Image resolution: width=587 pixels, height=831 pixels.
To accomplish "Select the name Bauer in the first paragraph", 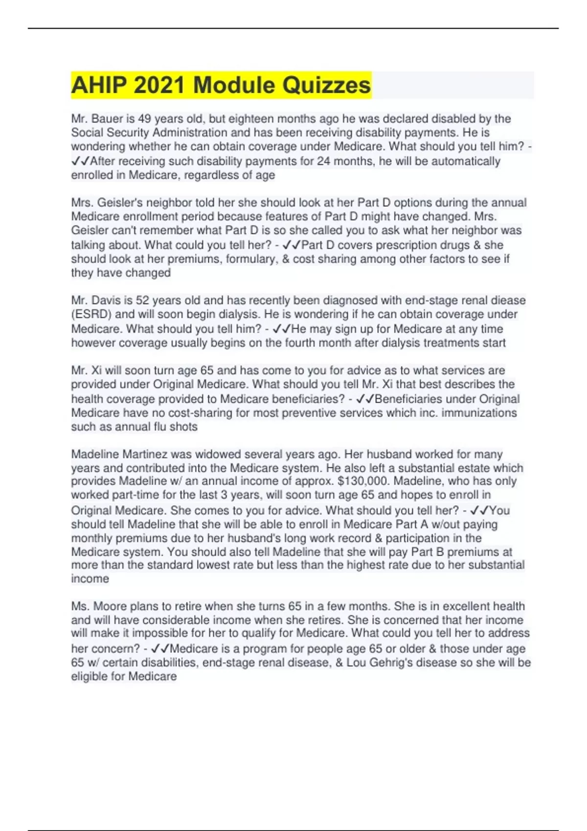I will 102,119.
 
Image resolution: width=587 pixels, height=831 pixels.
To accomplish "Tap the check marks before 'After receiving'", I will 80,161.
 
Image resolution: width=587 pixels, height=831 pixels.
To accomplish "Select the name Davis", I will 102,300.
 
